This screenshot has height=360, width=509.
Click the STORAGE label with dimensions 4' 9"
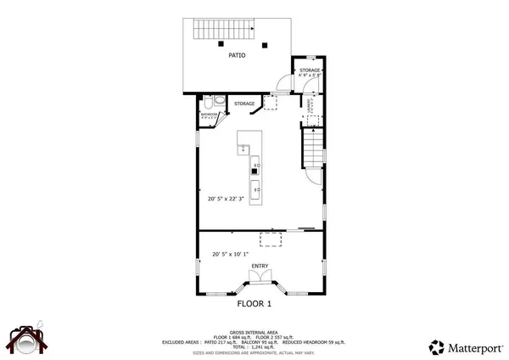click(x=309, y=72)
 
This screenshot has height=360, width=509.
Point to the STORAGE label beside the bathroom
click(x=244, y=104)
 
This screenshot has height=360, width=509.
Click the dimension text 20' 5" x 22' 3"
click(x=226, y=200)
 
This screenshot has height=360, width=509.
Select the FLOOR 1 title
click(x=253, y=303)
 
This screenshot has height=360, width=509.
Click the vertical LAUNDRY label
click(x=311, y=106)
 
